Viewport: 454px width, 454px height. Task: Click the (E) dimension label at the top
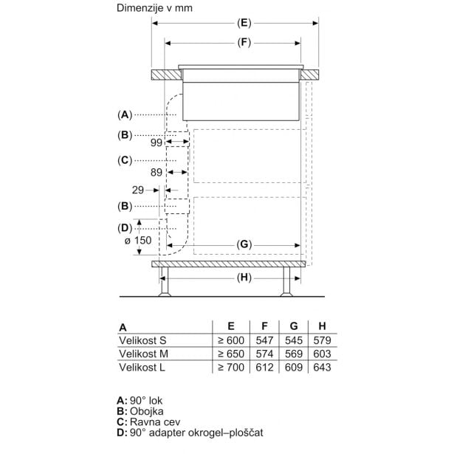pyautogui.click(x=244, y=23)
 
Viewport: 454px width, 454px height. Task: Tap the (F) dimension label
pyautogui.click(x=244, y=43)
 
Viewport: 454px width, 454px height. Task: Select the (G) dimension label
pyautogui.click(x=244, y=245)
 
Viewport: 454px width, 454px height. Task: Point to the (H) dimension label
pyautogui.click(x=244, y=278)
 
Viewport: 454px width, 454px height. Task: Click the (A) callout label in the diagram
pyautogui.click(x=125, y=115)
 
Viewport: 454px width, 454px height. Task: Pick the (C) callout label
pyautogui.click(x=125, y=160)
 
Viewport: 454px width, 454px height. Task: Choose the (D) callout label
pyautogui.click(x=125, y=228)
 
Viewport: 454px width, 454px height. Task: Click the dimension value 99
pyautogui.click(x=157, y=142)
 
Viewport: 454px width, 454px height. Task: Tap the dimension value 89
pyautogui.click(x=157, y=173)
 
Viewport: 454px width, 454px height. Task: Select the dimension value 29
pyautogui.click(x=138, y=190)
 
